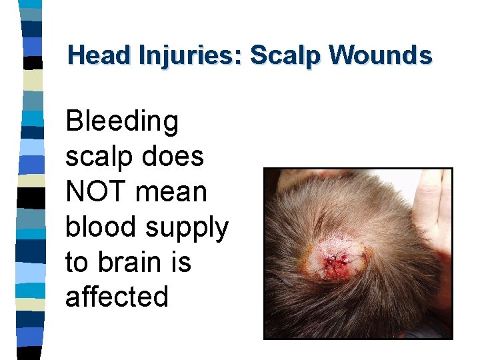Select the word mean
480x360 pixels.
point(171,192)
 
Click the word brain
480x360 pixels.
point(129,262)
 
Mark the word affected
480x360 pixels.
point(117,297)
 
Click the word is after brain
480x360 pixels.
point(181,262)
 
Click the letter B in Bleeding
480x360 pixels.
point(75,122)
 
